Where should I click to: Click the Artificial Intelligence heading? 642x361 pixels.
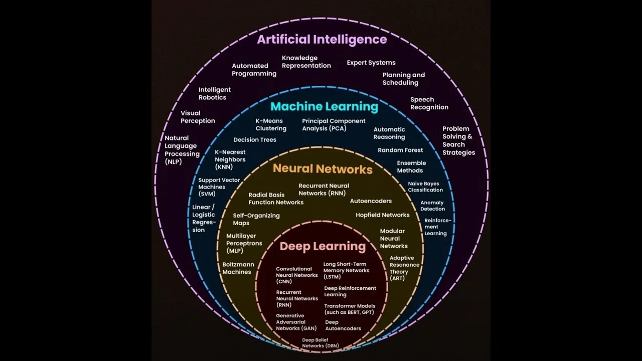[322, 40]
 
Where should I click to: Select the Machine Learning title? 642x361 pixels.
[324, 107]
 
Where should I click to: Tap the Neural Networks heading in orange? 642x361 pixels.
[323, 169]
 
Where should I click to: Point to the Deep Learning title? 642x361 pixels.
[323, 246]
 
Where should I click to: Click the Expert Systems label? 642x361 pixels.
[371, 63]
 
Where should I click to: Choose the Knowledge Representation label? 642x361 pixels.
[306, 62]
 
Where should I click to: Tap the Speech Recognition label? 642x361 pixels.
[429, 103]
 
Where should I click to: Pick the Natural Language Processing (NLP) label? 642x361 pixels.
[182, 150]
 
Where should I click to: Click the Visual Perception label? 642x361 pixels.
[198, 117]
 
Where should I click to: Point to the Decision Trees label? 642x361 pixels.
[255, 140]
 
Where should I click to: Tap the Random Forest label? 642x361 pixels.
[400, 150]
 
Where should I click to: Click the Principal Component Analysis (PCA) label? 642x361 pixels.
[334, 124]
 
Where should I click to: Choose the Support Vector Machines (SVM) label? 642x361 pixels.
[219, 187]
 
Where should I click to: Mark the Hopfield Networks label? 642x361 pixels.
[382, 215]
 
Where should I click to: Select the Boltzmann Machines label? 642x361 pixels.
[238, 268]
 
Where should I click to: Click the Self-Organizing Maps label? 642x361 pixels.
[256, 219]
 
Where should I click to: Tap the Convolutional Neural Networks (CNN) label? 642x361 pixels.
[296, 275]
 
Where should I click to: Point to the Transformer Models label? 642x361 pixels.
[350, 309]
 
